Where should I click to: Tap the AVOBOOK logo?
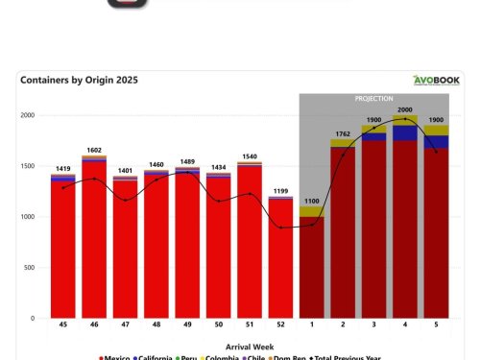(x=437, y=81)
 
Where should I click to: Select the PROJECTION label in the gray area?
(x=374, y=99)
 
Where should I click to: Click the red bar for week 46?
(x=94, y=240)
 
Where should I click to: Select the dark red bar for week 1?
(x=312, y=269)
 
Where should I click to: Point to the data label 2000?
(x=405, y=109)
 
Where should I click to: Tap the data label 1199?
(x=280, y=190)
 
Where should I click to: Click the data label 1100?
(x=312, y=200)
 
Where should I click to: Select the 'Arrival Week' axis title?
(x=251, y=346)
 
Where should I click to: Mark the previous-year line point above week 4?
(x=405, y=119)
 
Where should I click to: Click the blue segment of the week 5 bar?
(x=436, y=142)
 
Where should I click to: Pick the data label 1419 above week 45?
(x=62, y=167)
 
